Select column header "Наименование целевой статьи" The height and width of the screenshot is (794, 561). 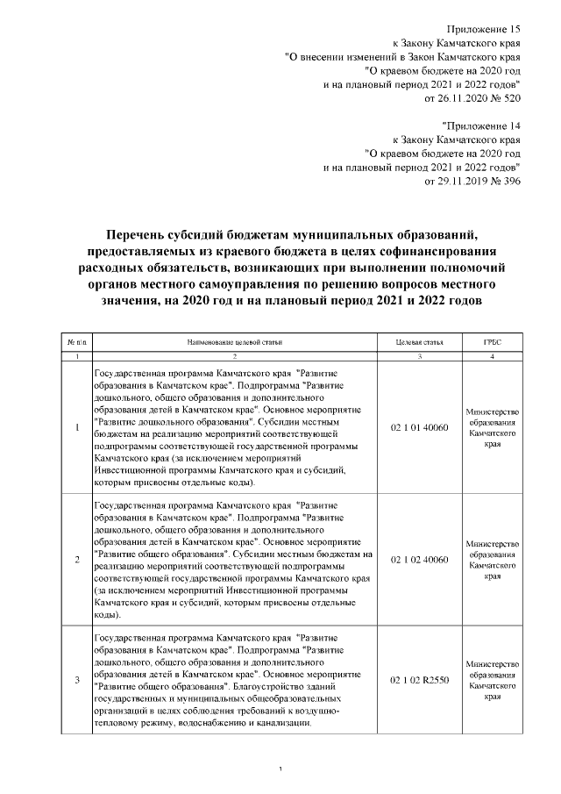click(x=234, y=342)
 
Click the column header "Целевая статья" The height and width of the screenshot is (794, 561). click(x=419, y=342)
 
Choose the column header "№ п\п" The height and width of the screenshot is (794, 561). click(x=77, y=342)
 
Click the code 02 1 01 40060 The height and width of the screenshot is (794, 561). click(x=419, y=427)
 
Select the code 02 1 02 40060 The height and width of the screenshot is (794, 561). click(x=419, y=559)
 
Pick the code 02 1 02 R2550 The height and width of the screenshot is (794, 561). click(x=419, y=679)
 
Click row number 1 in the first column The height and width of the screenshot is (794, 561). click(x=77, y=427)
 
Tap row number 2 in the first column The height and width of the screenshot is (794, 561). click(x=77, y=559)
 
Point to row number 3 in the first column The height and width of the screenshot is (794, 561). click(x=77, y=679)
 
